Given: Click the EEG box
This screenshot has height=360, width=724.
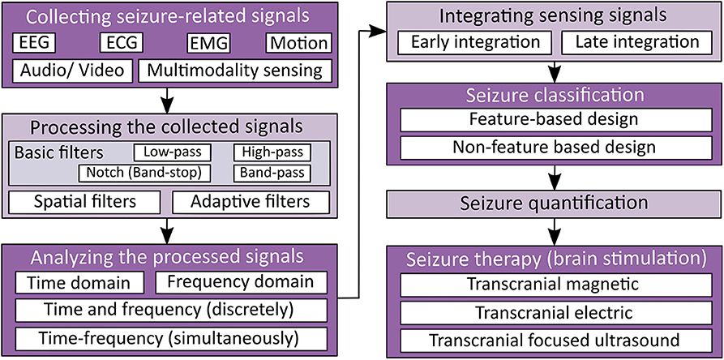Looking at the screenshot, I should tap(45, 43).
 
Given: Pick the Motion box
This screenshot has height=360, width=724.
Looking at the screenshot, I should tap(298, 43).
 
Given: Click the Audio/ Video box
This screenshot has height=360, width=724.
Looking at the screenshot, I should tap(71, 71).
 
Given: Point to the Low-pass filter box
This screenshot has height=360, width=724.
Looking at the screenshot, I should tap(172, 152).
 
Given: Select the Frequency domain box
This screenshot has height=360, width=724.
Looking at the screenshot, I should tap(241, 283).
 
